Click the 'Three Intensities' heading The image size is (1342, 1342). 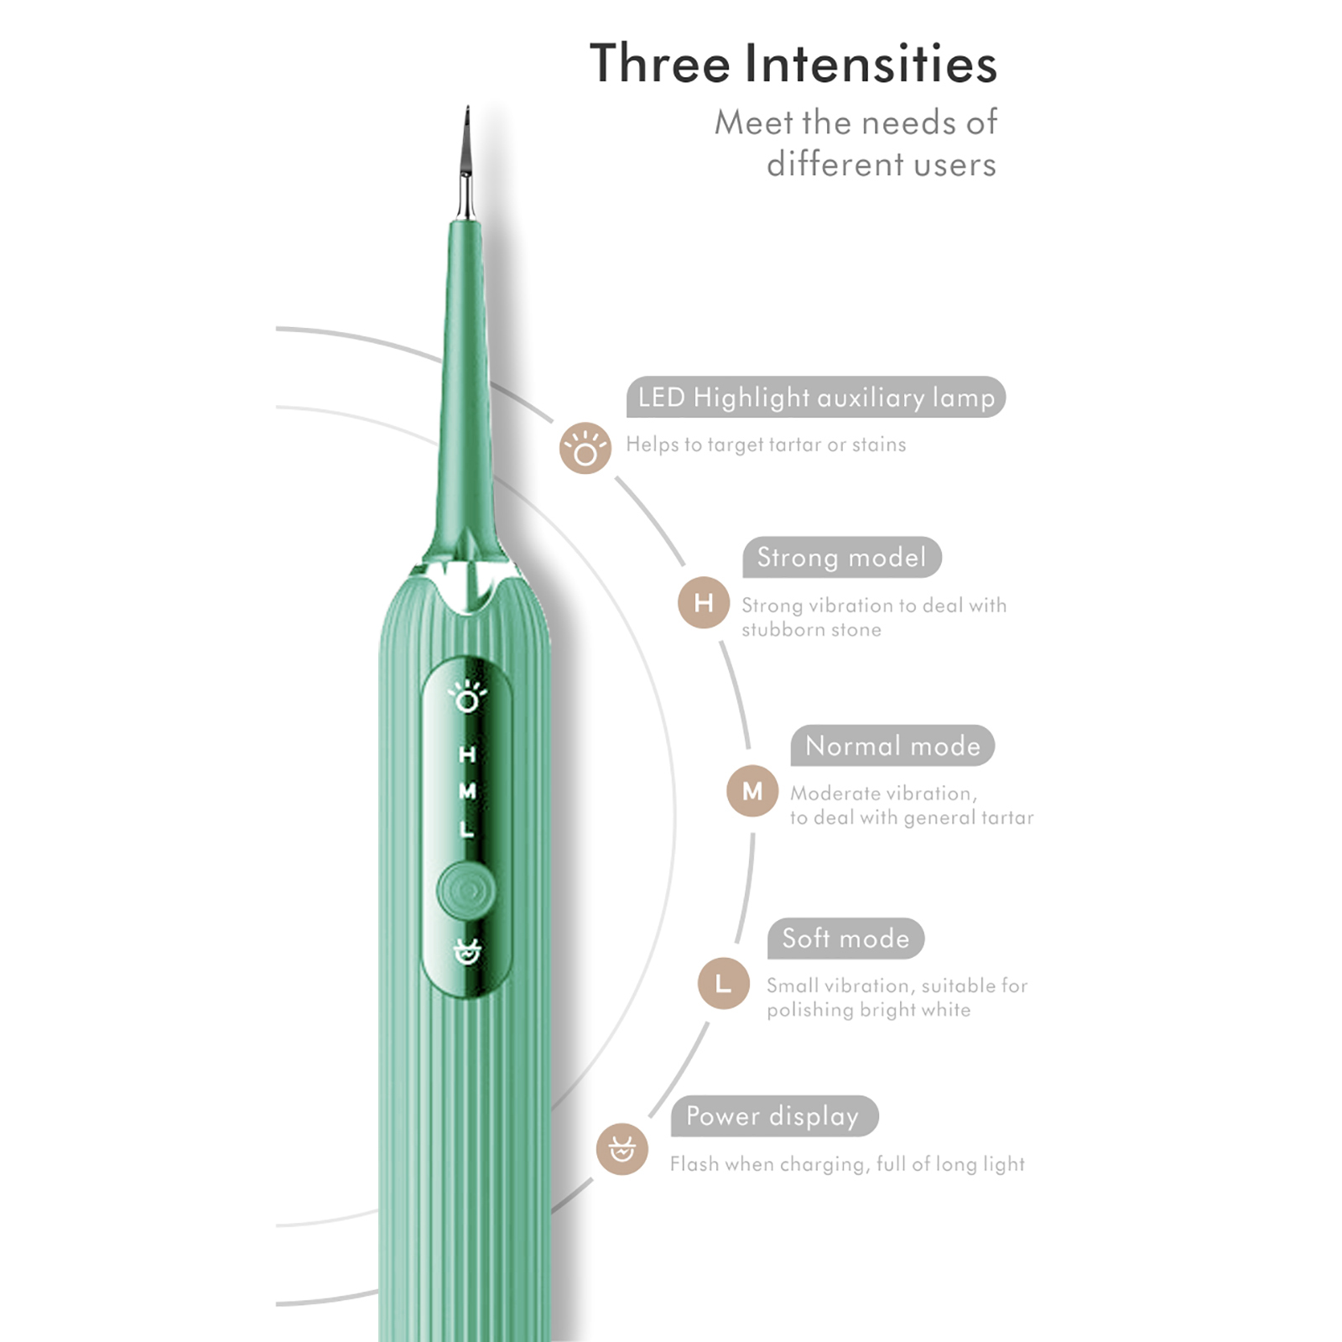[793, 63]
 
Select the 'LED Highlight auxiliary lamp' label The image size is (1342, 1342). [816, 397]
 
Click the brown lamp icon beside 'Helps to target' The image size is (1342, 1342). [585, 448]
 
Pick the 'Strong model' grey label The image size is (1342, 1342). [842, 557]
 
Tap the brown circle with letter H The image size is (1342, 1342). [704, 602]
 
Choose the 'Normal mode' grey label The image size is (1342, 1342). [892, 746]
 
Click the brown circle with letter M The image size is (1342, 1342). [752, 791]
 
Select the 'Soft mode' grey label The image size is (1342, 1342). [845, 938]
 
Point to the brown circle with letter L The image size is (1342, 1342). [723, 983]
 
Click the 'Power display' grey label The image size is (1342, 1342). [774, 1116]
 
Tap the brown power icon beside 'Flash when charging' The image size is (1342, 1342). [622, 1149]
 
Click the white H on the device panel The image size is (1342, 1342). [467, 754]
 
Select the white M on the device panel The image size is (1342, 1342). [467, 791]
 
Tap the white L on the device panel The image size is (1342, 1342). [467, 828]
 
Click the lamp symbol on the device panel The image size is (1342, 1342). [467, 696]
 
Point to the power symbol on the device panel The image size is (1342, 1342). [467, 952]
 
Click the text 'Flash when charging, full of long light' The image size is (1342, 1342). [847, 1163]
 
